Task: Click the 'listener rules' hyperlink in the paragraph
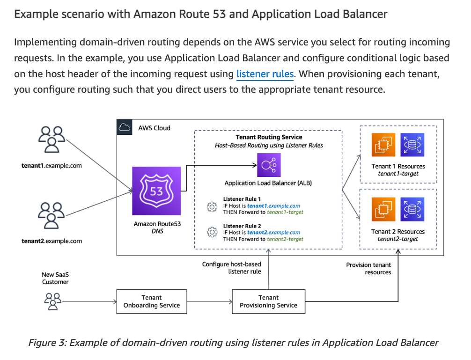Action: [265, 74]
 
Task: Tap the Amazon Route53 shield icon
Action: [156, 191]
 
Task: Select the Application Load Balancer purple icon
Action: [268, 165]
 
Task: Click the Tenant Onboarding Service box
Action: [151, 301]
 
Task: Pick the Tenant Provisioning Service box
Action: [268, 301]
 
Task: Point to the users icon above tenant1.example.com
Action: [52, 139]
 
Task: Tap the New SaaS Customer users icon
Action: [52, 300]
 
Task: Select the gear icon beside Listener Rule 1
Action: [212, 206]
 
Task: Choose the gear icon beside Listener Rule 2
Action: [212, 232]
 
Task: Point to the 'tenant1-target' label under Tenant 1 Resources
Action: [398, 174]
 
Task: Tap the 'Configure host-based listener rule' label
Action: [231, 268]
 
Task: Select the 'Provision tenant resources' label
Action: [368, 268]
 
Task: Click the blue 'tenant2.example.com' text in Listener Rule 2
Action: [273, 232]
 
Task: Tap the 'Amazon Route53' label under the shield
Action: [157, 224]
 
